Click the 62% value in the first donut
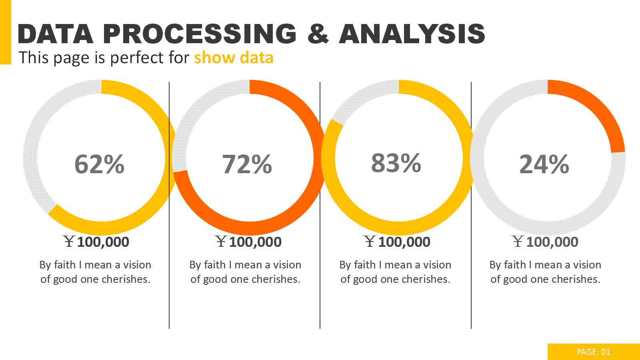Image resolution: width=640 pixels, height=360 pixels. [x=100, y=164]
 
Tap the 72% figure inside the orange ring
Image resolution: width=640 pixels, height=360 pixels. [x=247, y=164]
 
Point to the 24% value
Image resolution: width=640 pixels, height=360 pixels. [x=544, y=164]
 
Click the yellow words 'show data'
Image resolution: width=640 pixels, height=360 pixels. [x=234, y=58]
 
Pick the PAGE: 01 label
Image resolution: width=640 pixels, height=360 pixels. [x=594, y=352]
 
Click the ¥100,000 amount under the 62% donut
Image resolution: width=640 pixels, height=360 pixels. [x=96, y=242]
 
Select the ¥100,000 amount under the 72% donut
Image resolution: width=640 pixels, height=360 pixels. [x=248, y=242]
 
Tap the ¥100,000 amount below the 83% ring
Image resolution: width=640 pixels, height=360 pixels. [x=397, y=242]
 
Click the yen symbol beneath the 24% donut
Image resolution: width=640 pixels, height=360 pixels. [x=518, y=241]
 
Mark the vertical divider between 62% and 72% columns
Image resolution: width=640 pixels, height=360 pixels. [x=169, y=280]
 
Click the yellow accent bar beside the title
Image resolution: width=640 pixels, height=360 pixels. [x=5, y=32]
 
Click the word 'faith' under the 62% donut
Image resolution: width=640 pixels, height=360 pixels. [x=65, y=265]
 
